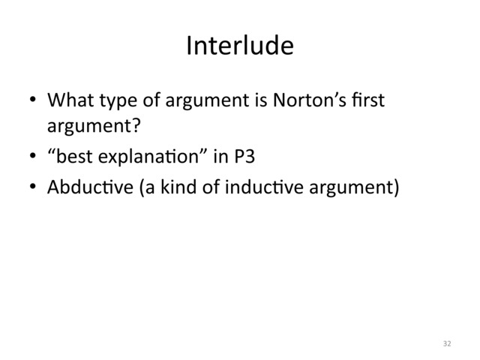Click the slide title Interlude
point(239,47)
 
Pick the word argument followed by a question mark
point(87,122)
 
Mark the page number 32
point(447,343)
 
